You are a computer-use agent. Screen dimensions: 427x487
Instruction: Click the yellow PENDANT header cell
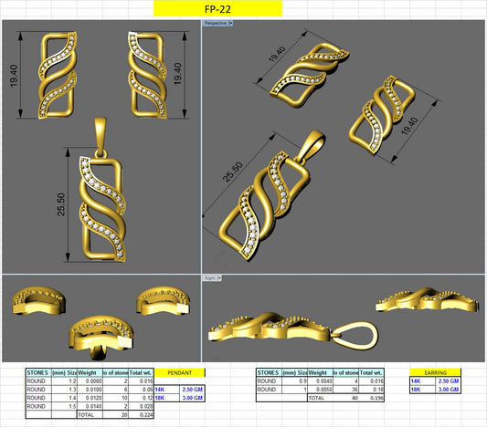coord(180,372)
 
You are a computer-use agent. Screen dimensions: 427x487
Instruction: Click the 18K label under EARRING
coord(416,390)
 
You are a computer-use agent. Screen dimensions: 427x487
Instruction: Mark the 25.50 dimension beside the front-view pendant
coord(62,205)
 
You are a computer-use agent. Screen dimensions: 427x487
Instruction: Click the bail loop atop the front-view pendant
coord(100,130)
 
